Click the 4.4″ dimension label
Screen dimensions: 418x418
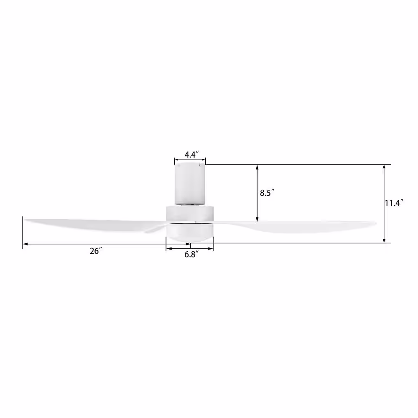point(192,154)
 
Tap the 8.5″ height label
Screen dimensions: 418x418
point(267,193)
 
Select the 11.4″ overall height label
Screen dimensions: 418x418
point(393,203)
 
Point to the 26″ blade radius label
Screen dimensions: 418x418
point(96,251)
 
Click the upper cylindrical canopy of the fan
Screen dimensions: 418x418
point(190,184)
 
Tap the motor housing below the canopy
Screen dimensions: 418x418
point(190,214)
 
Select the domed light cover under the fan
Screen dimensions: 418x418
point(190,232)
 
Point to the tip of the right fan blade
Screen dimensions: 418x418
point(376,223)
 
